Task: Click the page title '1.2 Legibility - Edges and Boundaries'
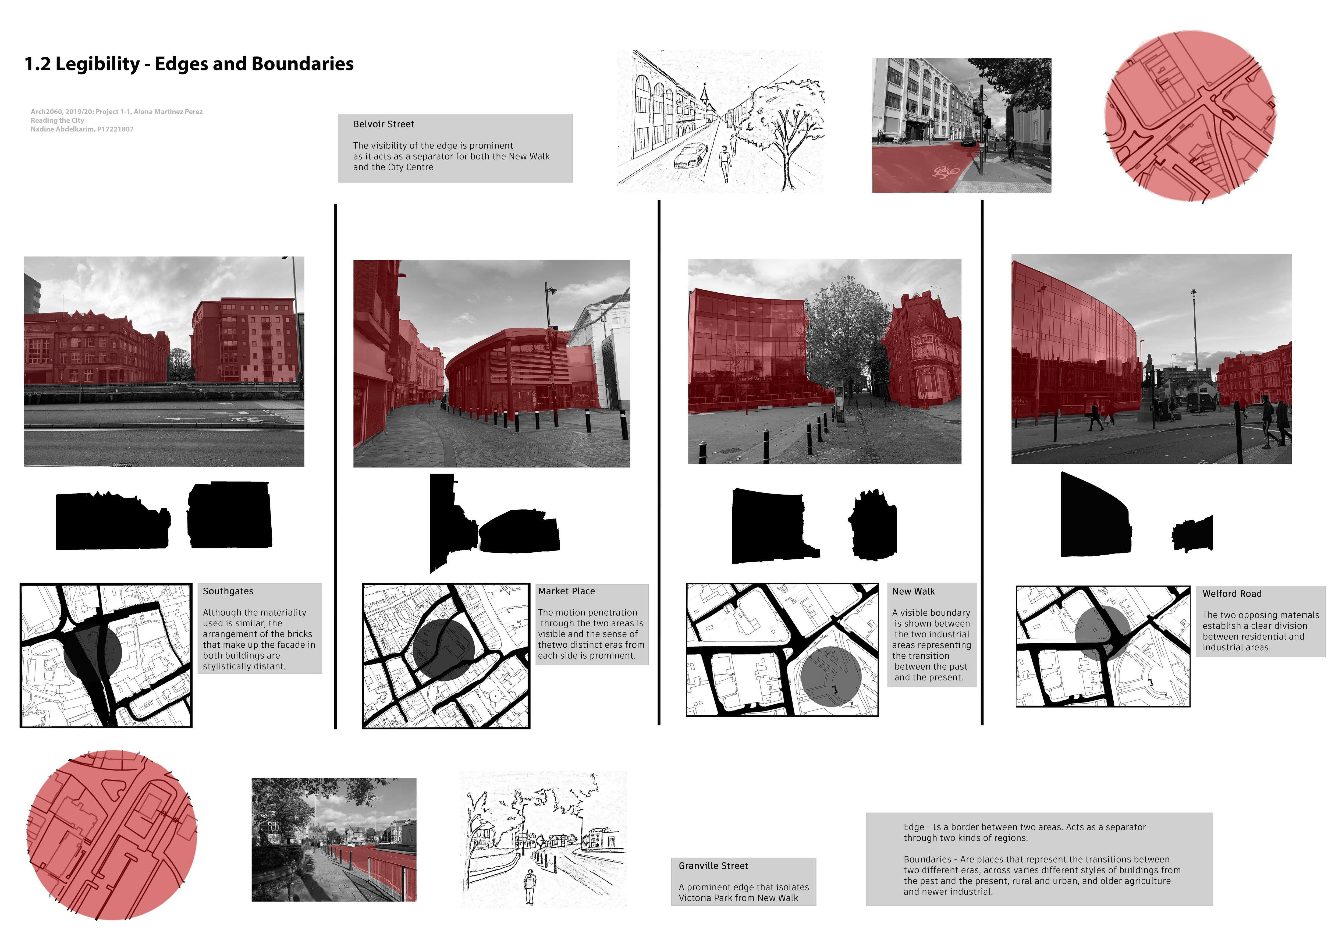click(189, 64)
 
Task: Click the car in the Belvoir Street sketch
click(691, 156)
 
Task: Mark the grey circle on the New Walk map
click(831, 676)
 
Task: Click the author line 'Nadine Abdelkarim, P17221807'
click(82, 129)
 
